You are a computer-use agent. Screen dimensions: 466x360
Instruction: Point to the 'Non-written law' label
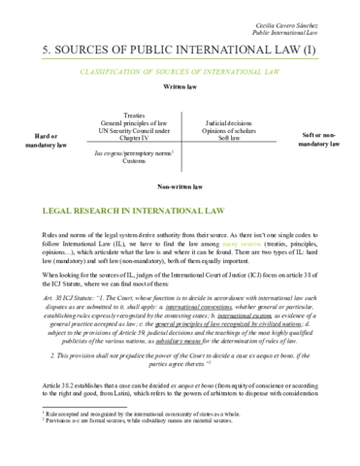tap(180, 184)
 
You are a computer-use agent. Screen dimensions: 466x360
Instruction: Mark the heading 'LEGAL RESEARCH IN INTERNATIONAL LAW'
tap(123, 210)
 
